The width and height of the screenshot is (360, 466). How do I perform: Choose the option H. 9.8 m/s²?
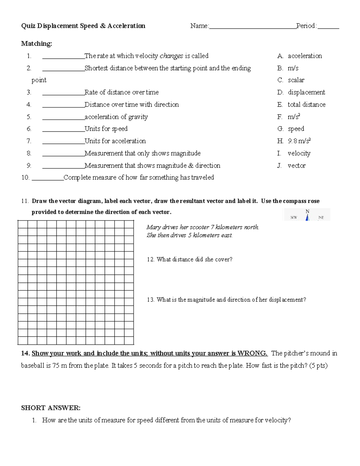tap(294, 141)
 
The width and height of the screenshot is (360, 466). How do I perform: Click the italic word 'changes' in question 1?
tap(171, 56)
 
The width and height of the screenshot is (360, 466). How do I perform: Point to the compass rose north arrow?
tap(307, 217)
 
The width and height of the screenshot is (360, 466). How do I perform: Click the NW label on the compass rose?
tap(294, 218)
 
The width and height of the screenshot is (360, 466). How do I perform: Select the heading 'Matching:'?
tap(36, 44)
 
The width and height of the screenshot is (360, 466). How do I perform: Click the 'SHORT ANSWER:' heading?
tap(51, 408)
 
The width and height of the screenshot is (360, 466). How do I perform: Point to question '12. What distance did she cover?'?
tap(190, 260)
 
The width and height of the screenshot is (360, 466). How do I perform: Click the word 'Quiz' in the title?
tap(28, 26)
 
